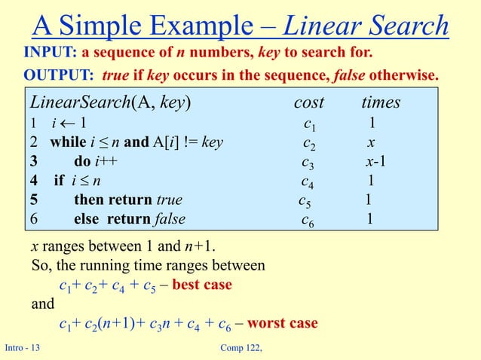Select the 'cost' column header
(309, 102)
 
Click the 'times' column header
(381, 102)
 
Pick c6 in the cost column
(308, 220)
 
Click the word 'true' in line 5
(168, 200)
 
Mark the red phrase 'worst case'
(283, 323)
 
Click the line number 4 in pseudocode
(33, 182)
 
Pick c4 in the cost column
(308, 182)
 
